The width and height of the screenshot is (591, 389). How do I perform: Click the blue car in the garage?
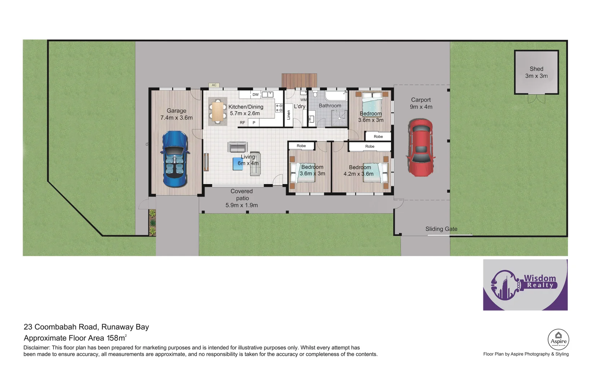[x=175, y=159]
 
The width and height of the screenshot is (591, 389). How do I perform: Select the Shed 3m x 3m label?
[x=536, y=72]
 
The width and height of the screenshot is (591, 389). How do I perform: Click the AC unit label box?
[x=214, y=85]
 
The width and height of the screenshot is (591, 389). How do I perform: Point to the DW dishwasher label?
[x=255, y=95]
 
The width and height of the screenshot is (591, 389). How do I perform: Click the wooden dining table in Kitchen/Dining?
[x=218, y=111]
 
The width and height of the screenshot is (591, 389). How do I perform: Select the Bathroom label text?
[x=330, y=106]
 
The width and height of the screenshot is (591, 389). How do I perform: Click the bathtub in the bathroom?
[x=335, y=96]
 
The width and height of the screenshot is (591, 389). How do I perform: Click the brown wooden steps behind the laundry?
[x=299, y=81]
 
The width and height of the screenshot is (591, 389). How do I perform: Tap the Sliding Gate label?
[x=441, y=229]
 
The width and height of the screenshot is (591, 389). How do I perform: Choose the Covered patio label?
[x=242, y=198]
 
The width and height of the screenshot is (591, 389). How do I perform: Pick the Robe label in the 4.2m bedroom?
[x=369, y=146]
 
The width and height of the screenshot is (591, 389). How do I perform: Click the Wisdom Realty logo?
[x=525, y=285]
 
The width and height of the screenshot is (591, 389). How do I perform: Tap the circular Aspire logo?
[x=558, y=339]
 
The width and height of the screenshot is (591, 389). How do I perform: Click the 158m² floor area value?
[x=116, y=338]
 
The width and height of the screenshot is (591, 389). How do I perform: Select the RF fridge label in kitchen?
[x=242, y=123]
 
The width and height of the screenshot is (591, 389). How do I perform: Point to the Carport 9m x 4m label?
[x=421, y=103]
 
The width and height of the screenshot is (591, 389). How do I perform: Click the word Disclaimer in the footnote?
[x=36, y=348]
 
